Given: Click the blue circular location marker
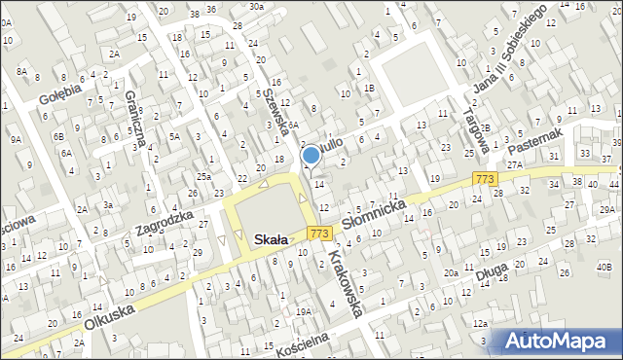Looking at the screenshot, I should tap(311, 154).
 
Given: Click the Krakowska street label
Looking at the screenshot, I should tap(346, 283).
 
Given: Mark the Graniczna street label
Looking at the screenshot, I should tap(135, 118).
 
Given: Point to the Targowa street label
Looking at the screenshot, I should tap(474, 131).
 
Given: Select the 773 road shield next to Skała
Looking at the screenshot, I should tap(318, 234).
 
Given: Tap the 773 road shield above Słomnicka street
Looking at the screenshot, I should tap(485, 179).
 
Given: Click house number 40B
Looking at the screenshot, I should tap(604, 267).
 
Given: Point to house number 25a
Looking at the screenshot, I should tap(202, 176).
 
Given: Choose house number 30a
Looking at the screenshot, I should tap(255, 6).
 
